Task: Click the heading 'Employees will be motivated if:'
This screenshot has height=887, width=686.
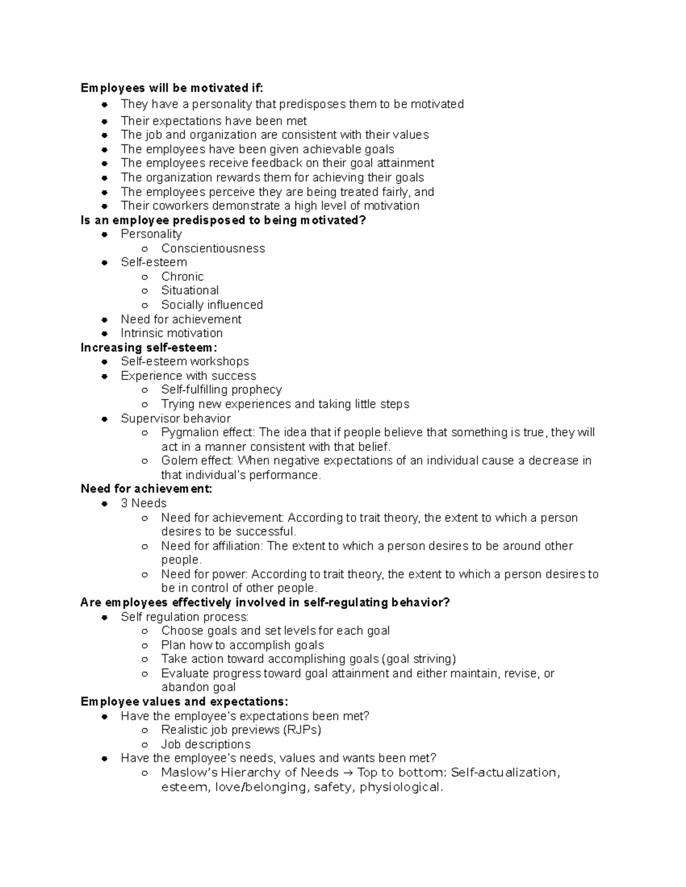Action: click(x=171, y=88)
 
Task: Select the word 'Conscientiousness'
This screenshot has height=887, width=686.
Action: click(x=213, y=248)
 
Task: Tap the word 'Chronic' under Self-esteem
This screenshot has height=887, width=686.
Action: click(x=182, y=276)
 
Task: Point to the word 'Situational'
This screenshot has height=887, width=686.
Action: click(x=190, y=290)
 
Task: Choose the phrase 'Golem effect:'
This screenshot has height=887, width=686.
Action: click(x=197, y=460)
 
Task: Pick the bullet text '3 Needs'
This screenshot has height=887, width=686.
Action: click(x=143, y=503)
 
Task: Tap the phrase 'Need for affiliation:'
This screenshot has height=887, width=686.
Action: click(x=212, y=546)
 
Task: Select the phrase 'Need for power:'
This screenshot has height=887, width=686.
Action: click(x=204, y=574)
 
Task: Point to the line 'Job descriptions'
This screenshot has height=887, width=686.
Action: click(x=206, y=744)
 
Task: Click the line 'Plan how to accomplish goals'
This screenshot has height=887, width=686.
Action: click(x=242, y=645)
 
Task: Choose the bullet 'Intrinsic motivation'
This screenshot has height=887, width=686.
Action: click(x=171, y=333)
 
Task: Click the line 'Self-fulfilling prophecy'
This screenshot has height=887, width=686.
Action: click(x=221, y=390)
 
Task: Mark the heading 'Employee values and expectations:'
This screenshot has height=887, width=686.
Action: click(x=184, y=701)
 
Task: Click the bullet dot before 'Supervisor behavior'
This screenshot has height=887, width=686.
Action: click(x=104, y=419)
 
